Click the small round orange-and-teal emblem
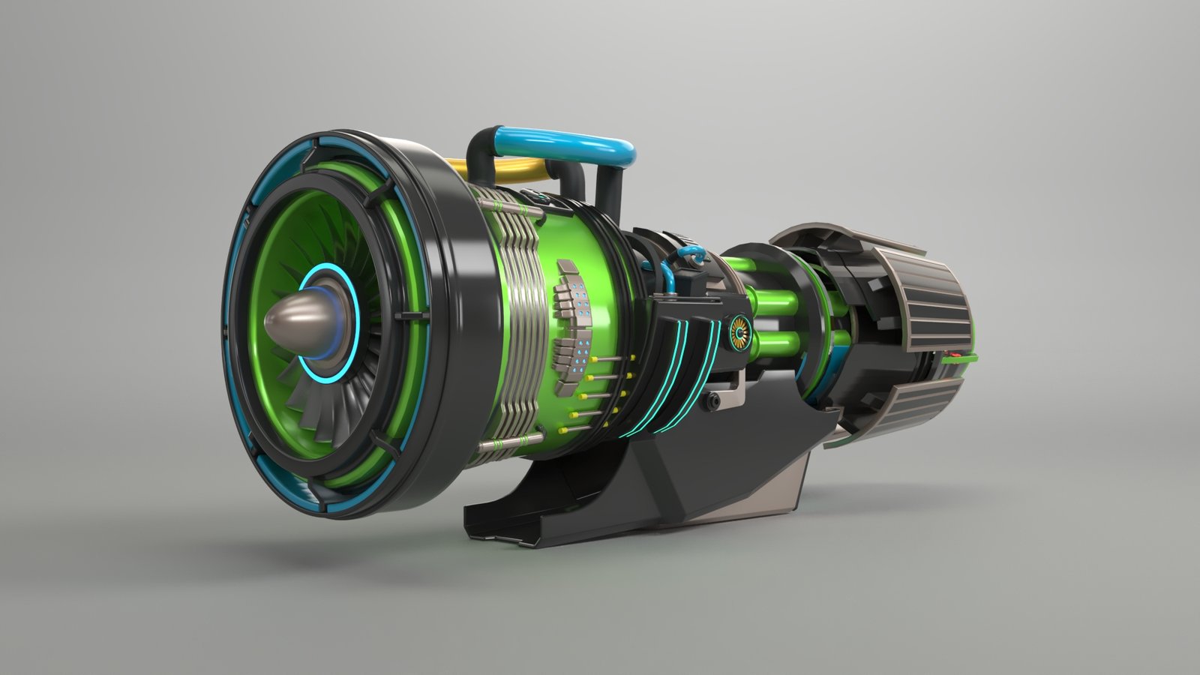[x=739, y=331]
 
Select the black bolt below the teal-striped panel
[x=712, y=403]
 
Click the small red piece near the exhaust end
[x=955, y=352]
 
